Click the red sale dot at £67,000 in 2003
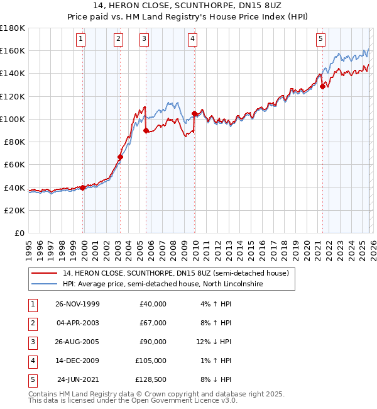coord(120,157)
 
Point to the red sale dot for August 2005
coord(146,131)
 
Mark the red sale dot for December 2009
coord(194,113)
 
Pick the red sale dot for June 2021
coord(322,87)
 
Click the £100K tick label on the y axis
coord(13,119)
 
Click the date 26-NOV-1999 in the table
coord(77,304)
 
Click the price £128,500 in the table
coord(151,379)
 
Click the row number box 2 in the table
coord(31,323)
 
